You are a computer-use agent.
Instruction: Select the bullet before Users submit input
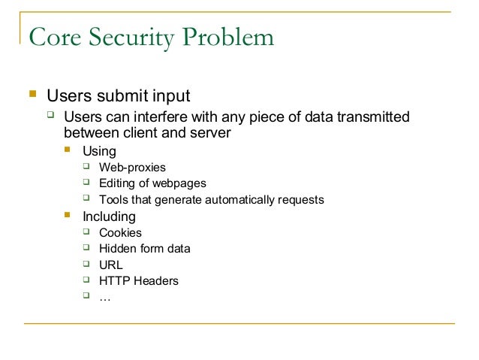click(32, 95)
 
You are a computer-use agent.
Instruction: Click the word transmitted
click(373, 118)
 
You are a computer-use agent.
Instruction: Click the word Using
click(99, 151)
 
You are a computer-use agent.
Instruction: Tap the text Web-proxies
click(132, 168)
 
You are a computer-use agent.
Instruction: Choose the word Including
click(110, 216)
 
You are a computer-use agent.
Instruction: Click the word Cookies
click(120, 233)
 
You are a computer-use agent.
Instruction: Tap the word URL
click(110, 265)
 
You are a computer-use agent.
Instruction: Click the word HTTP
click(114, 281)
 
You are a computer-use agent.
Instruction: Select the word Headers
click(155, 281)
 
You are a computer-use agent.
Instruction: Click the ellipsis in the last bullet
click(104, 298)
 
